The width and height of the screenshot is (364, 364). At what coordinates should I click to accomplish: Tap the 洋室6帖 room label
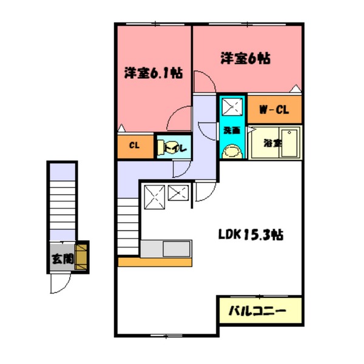point(245,58)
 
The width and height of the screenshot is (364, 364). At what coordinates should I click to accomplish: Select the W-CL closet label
point(274,110)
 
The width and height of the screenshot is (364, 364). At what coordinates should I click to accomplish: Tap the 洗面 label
point(231,130)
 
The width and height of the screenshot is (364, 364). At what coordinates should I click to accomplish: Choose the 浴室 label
point(272,144)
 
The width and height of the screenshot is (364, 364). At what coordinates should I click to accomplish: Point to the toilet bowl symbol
point(164,147)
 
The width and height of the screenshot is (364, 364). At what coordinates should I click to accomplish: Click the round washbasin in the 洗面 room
point(234,149)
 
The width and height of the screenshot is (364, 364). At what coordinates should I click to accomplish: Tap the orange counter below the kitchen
point(155,262)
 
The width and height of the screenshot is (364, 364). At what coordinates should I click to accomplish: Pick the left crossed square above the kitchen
point(154,195)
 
